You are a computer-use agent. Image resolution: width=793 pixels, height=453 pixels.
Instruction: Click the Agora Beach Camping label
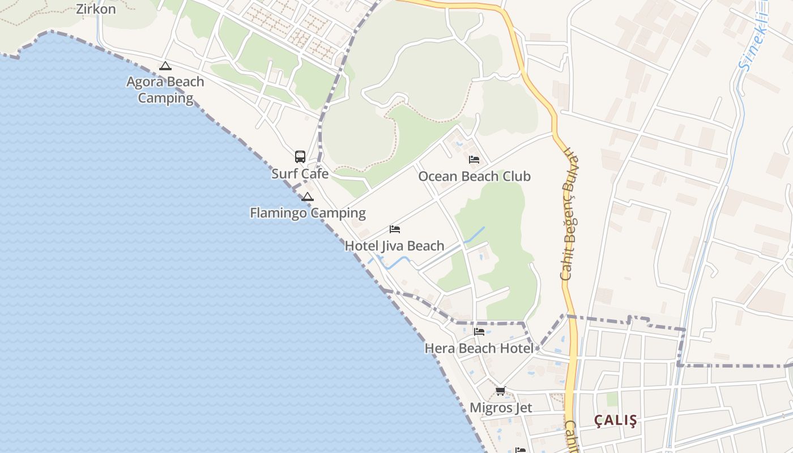click(165, 89)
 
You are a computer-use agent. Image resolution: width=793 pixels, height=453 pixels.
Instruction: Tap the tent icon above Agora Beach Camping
click(165, 66)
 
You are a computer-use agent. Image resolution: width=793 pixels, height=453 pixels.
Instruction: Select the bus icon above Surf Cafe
click(300, 157)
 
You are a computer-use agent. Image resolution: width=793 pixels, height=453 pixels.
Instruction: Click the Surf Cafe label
click(300, 173)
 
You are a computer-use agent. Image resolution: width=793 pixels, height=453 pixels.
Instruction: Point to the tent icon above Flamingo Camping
click(307, 197)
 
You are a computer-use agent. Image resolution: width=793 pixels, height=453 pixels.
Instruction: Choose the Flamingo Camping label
click(308, 213)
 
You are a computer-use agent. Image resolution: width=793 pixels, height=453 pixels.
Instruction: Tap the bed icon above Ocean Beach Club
click(474, 160)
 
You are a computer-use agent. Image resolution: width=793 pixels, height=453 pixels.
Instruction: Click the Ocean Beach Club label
click(474, 177)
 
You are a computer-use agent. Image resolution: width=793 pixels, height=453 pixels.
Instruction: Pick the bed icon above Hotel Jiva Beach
click(395, 229)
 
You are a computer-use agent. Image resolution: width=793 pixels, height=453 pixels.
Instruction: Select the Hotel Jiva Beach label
click(394, 246)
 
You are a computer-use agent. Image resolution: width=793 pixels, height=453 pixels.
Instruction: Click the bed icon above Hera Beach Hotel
click(479, 332)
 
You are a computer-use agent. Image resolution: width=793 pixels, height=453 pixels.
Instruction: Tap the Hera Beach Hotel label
click(479, 348)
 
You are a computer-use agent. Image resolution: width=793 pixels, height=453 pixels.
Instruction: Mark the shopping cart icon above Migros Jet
click(500, 391)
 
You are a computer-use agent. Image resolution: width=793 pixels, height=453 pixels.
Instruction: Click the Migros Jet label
click(501, 408)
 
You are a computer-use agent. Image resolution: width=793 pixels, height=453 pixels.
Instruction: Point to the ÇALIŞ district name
click(615, 421)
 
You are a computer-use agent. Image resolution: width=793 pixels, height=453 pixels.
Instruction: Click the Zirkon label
click(96, 9)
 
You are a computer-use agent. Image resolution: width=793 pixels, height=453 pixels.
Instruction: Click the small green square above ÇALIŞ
click(612, 399)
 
